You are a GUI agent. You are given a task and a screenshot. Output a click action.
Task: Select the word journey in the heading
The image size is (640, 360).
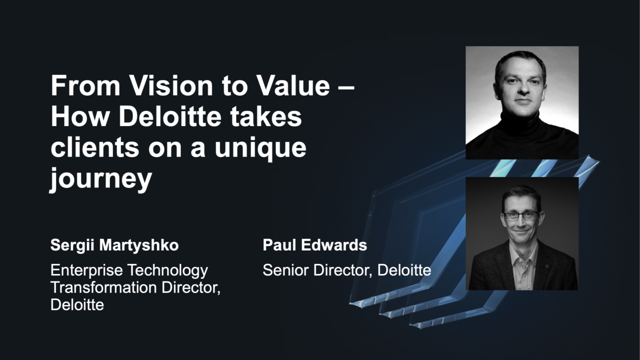(100, 179)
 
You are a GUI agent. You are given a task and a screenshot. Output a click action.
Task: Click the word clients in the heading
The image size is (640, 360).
(96, 148)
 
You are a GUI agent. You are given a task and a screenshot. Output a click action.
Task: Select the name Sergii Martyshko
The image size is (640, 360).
(114, 245)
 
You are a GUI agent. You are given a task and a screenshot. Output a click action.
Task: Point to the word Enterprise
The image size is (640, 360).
(87, 270)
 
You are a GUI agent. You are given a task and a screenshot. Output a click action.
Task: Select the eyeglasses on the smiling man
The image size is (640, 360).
(521, 215)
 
